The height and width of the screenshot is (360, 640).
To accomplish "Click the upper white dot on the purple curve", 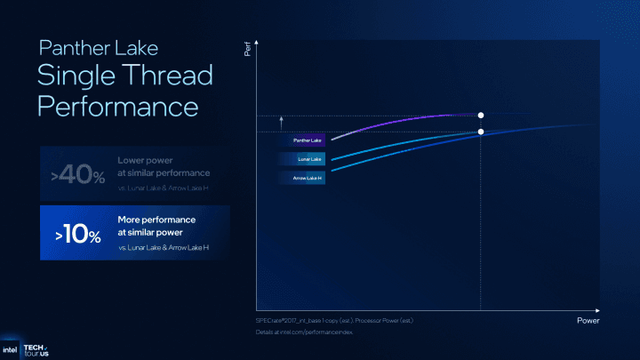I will (481, 116).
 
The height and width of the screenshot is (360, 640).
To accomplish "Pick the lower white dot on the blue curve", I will (481, 132).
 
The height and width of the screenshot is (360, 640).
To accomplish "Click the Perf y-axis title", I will (247, 52).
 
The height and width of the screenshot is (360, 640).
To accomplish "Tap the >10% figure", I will (76, 236).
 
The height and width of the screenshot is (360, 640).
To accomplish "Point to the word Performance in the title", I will (117, 107).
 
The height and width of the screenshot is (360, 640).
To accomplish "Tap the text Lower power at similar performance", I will (164, 165).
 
